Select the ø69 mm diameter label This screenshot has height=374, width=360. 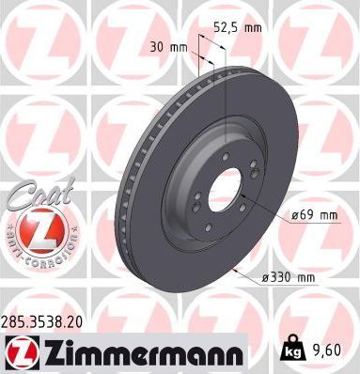coord(313,215)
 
